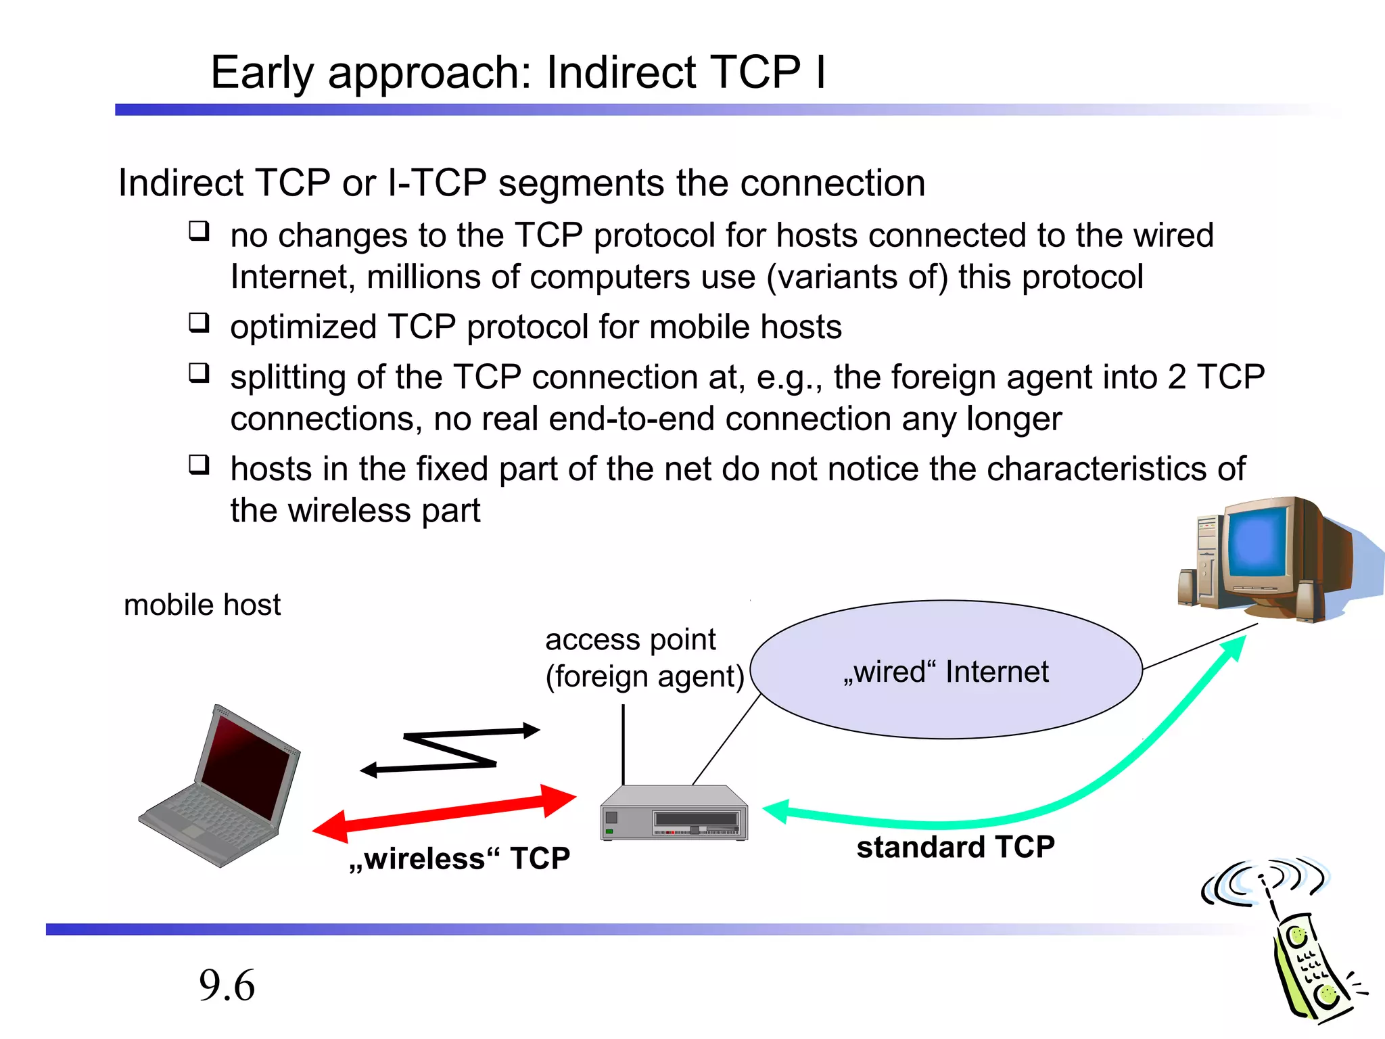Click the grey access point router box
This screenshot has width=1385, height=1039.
click(674, 814)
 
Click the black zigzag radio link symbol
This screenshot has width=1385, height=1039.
click(450, 750)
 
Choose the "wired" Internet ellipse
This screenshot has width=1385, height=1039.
click(946, 670)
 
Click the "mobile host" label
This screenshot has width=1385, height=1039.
click(202, 605)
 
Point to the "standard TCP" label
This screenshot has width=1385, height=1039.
click(955, 847)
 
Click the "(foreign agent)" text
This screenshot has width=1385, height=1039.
click(644, 676)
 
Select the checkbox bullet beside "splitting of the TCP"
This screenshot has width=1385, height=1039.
click(199, 373)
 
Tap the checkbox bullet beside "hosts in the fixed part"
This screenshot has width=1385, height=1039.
click(199, 465)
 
